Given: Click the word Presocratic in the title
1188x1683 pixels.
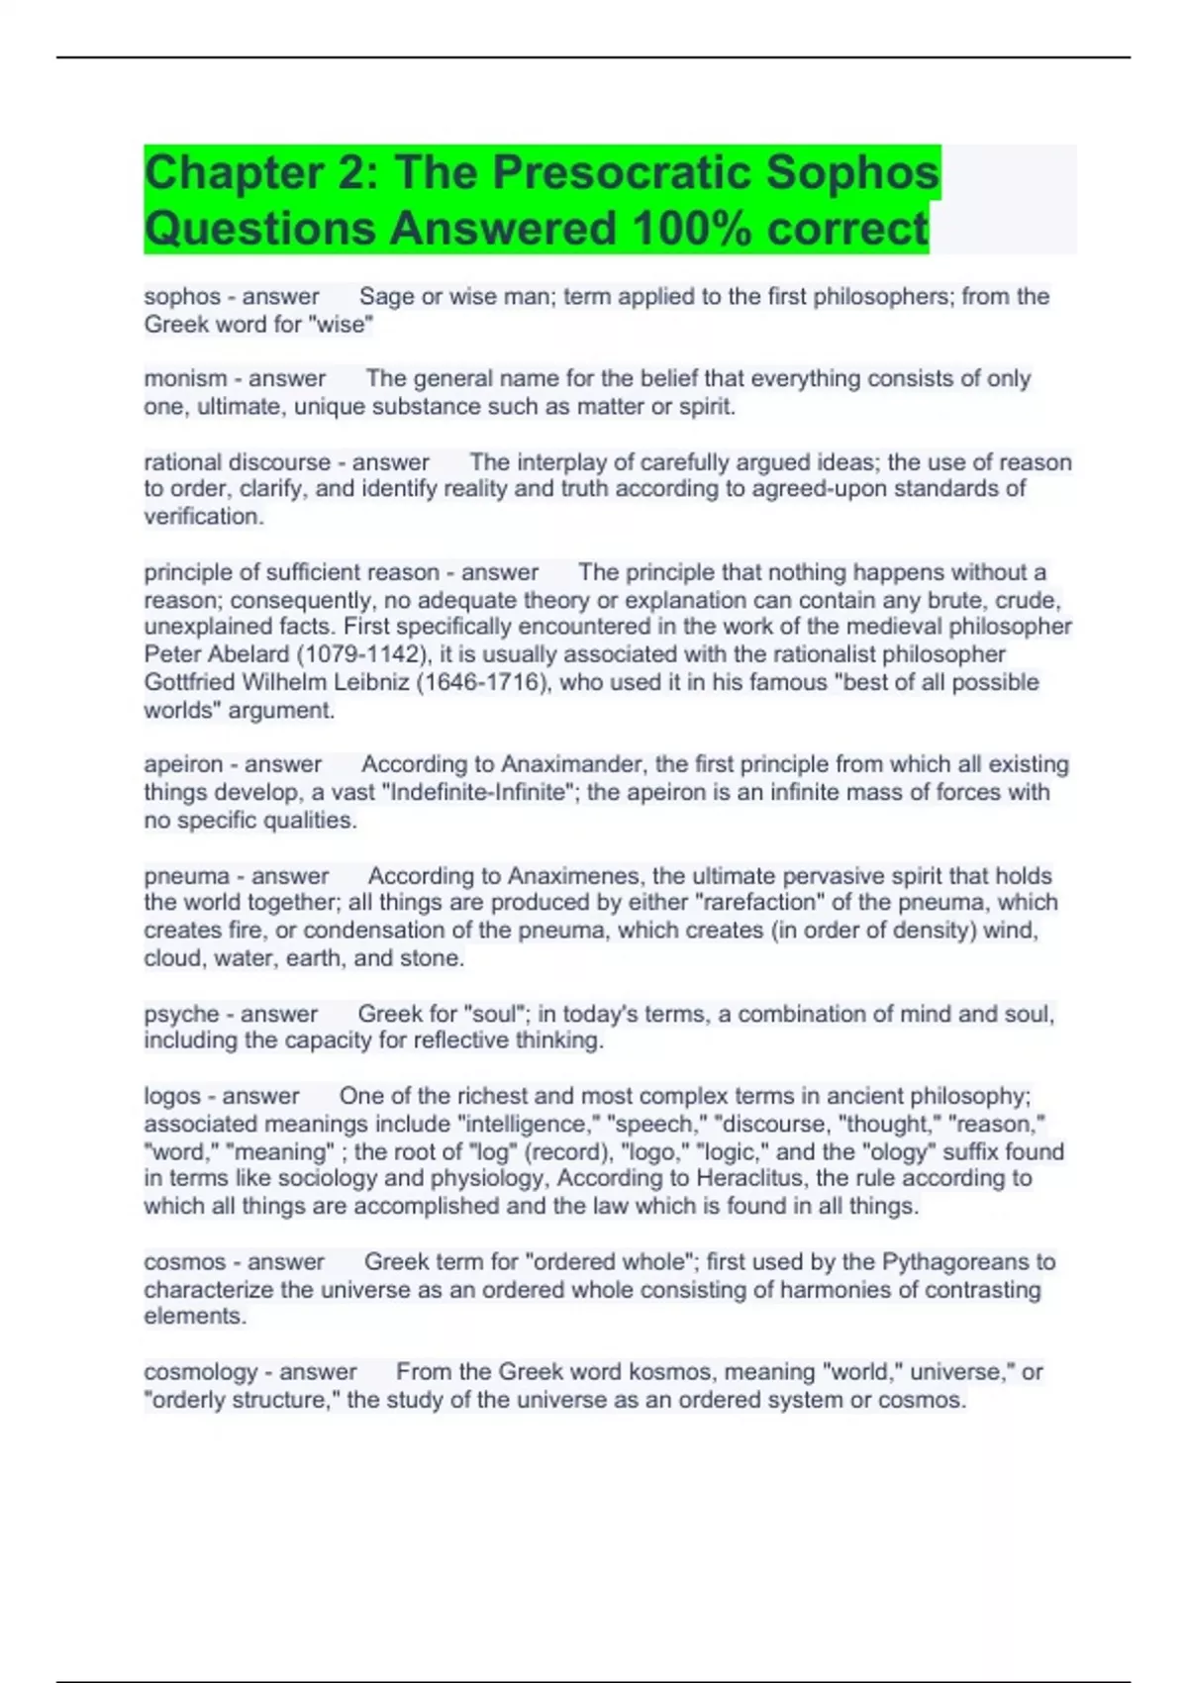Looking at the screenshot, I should pos(622,172).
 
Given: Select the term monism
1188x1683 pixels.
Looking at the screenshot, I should pos(185,379).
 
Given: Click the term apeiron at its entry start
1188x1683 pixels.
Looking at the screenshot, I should pos(183,765).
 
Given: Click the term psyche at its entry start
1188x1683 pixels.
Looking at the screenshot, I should pos(179,1015).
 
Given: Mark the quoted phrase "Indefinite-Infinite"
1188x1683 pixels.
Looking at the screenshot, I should pos(480,793).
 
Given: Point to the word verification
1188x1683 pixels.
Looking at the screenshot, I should pos(203,517).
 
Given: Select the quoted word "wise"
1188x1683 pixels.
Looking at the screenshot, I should pos(343,325).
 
